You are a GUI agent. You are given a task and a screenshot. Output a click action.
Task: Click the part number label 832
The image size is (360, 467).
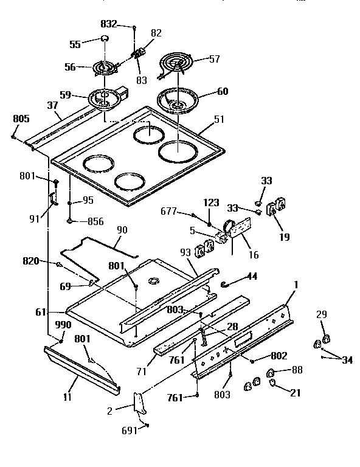coord(109,25)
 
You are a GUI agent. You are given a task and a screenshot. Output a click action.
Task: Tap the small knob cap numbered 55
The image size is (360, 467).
coord(104,40)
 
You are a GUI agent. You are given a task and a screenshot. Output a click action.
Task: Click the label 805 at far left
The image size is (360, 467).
coord(20,119)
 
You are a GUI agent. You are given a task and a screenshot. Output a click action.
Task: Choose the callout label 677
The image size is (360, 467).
coord(169,211)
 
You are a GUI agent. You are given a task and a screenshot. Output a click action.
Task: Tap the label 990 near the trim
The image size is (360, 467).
coord(62,325)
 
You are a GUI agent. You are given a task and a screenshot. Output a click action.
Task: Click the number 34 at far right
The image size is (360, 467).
coord(347,361)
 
